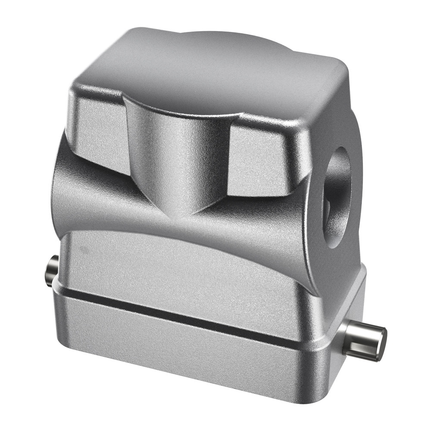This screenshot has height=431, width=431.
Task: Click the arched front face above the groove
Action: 185,267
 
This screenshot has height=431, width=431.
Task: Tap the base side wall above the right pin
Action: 349,302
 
